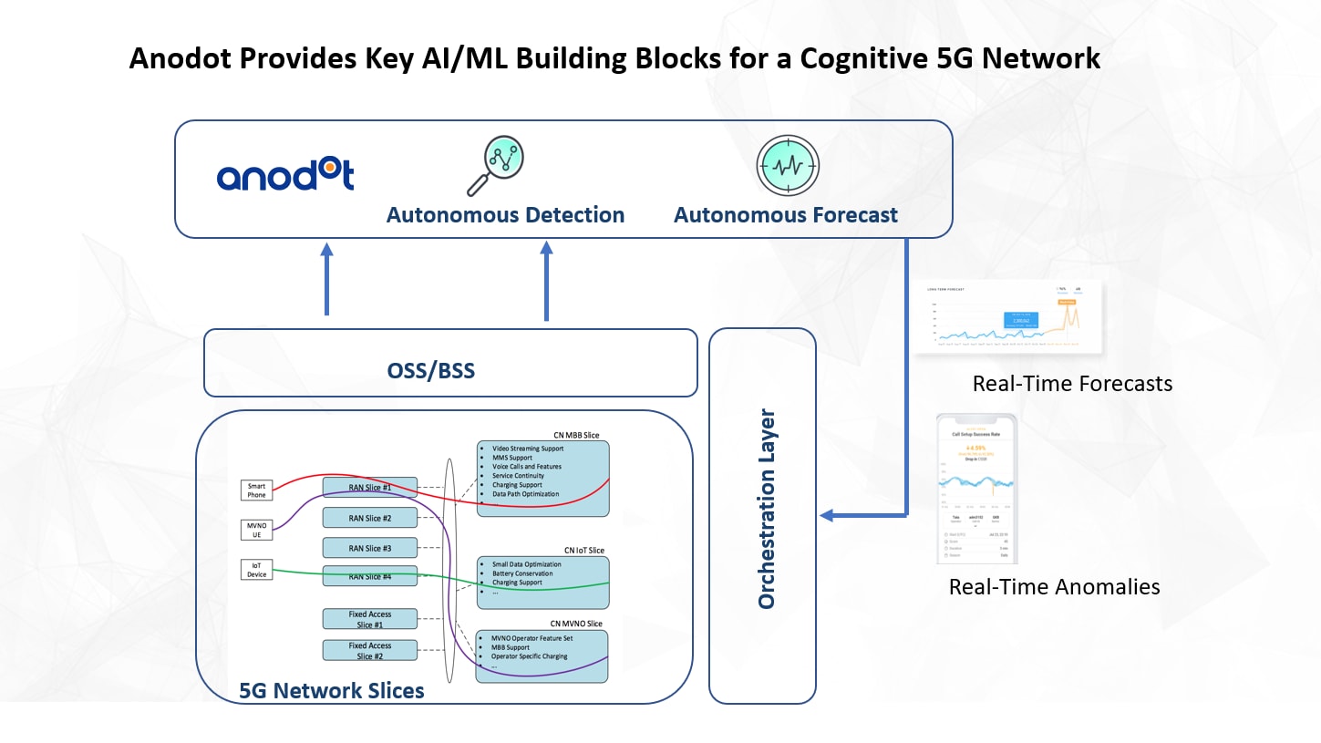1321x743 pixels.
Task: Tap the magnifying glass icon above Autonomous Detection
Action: pyautogui.click(x=494, y=166)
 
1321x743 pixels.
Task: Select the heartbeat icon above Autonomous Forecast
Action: pyautogui.click(x=788, y=167)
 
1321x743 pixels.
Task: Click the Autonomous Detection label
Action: pyautogui.click(x=505, y=215)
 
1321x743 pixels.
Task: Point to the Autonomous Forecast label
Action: pyautogui.click(x=786, y=215)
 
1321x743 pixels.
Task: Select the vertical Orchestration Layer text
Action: pyautogui.click(x=766, y=509)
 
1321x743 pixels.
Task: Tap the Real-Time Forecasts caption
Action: pyautogui.click(x=1072, y=384)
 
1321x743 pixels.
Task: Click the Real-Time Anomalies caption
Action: pyautogui.click(x=1054, y=586)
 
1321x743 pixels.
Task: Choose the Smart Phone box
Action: pyautogui.click(x=257, y=490)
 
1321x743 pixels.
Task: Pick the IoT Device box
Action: pyautogui.click(x=257, y=570)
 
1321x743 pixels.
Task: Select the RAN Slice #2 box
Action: pyautogui.click(x=369, y=518)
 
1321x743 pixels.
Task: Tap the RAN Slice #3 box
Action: pyautogui.click(x=369, y=548)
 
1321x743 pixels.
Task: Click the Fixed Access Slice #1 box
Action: pyautogui.click(x=369, y=619)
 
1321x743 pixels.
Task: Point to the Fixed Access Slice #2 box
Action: pyautogui.click(x=369, y=651)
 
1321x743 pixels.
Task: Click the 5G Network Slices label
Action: pyautogui.click(x=331, y=690)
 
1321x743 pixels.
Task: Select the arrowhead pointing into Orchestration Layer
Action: pyautogui.click(x=827, y=516)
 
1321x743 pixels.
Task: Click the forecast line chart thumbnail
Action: pyautogui.click(x=1008, y=317)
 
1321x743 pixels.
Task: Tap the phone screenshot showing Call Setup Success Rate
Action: pyautogui.click(x=977, y=488)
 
